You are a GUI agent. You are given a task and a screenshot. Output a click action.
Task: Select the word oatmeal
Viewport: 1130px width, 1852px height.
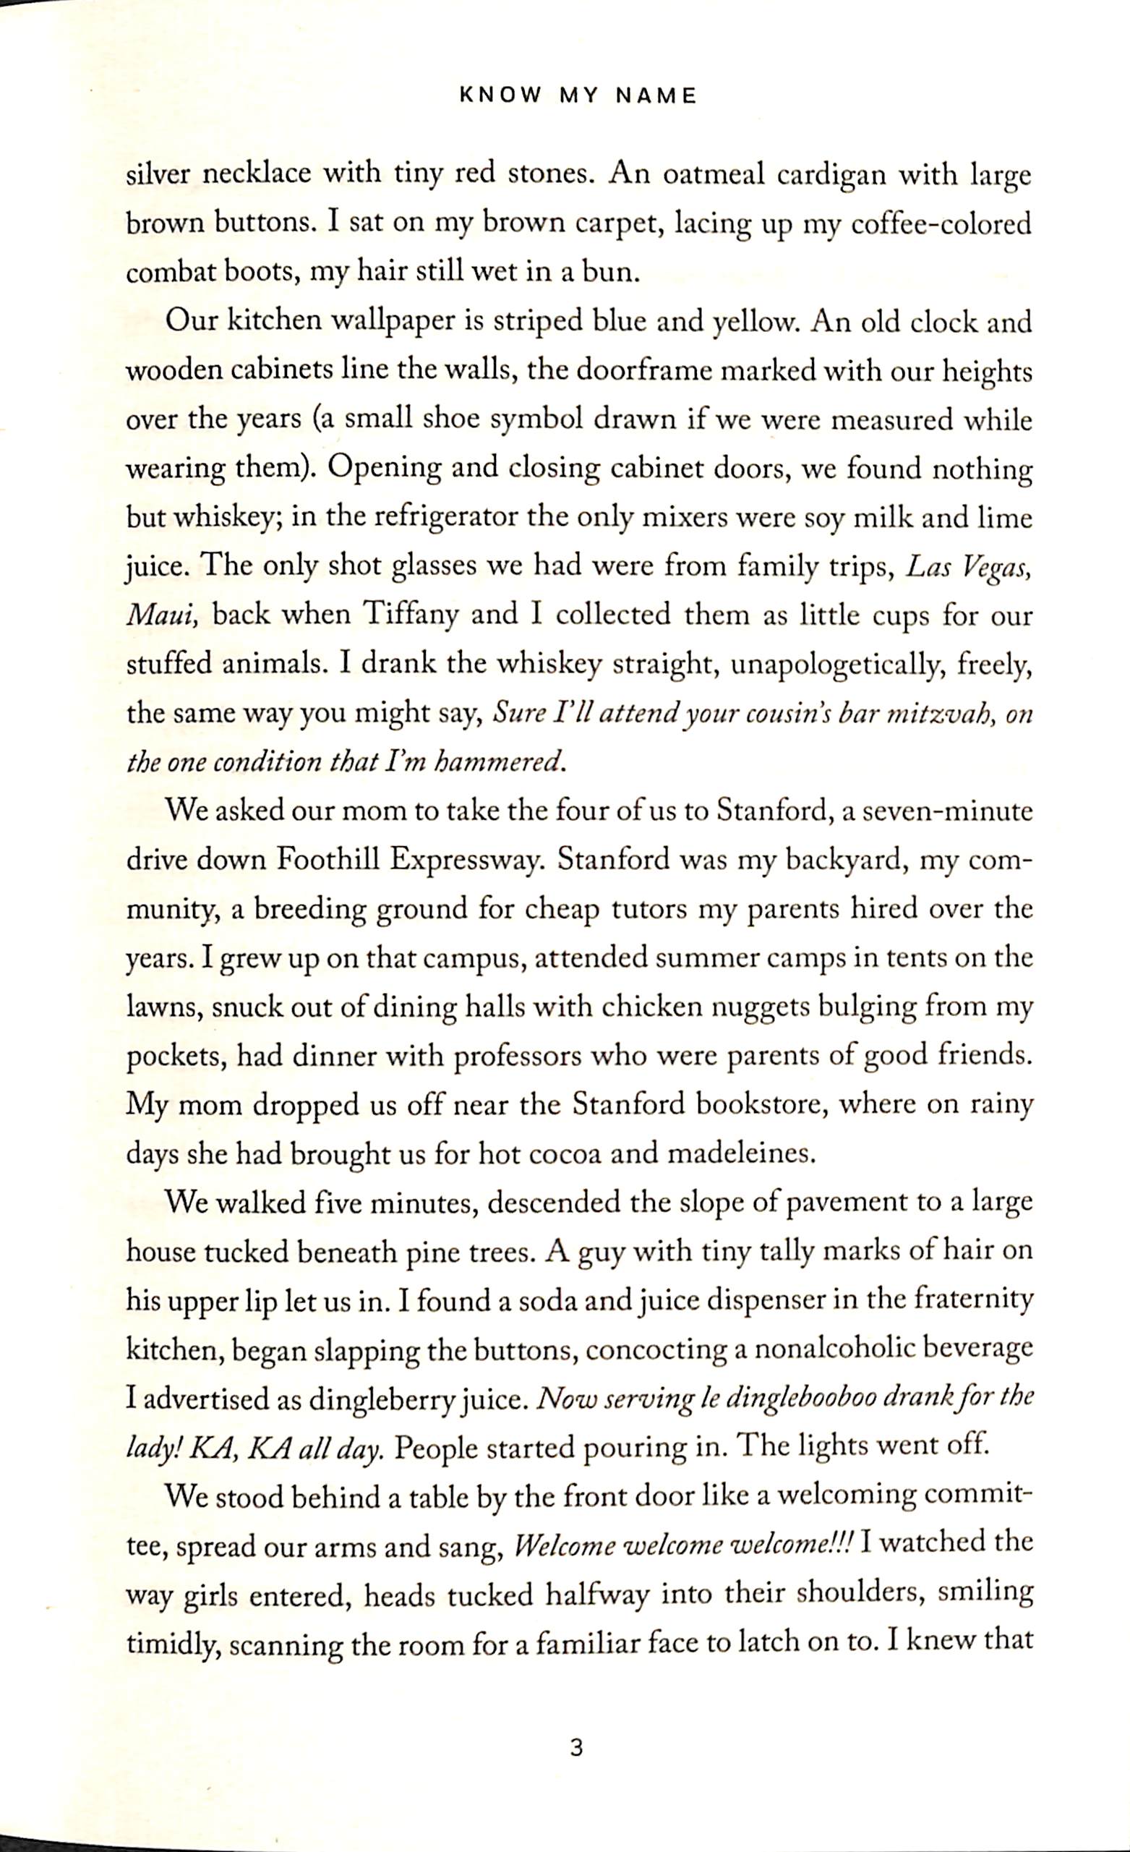(x=713, y=176)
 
